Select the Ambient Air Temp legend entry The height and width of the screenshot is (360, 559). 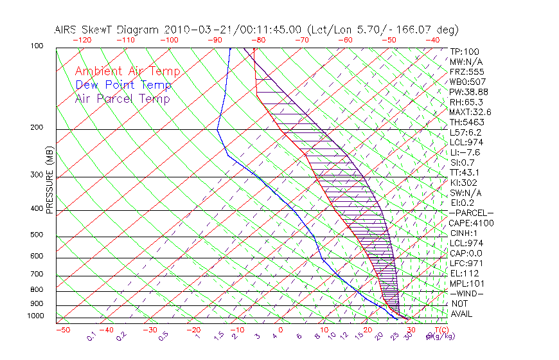pos(127,71)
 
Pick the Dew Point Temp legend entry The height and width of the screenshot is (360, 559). pos(123,85)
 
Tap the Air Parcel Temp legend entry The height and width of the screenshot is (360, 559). pos(122,98)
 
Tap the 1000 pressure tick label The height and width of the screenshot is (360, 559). pos(36,316)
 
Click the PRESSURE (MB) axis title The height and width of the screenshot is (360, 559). pos(49,181)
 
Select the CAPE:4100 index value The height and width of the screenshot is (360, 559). pos(471,223)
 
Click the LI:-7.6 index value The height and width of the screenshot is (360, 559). pos(466,152)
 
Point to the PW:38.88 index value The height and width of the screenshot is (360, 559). pos(468,92)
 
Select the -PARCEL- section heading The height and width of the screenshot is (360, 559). pos(471,213)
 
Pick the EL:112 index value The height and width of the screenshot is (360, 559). pos(464,273)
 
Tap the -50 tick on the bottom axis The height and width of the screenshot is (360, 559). pos(62,330)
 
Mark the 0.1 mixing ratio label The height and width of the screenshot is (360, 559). pos(91,336)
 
